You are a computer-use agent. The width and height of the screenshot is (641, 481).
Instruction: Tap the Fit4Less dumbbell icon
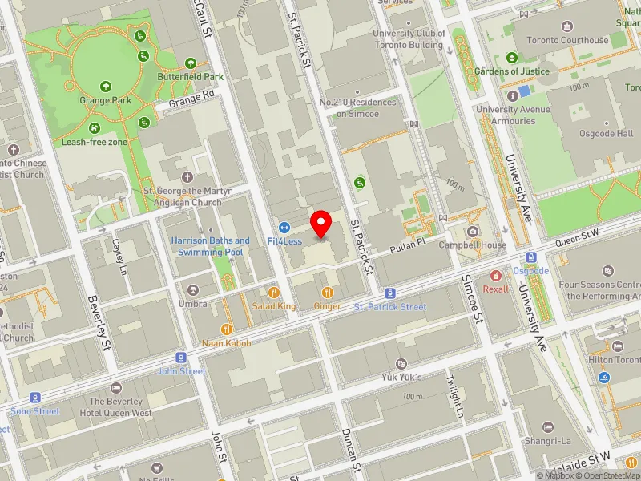pyautogui.click(x=284, y=228)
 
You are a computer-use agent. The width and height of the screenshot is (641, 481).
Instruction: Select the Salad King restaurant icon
pyautogui.click(x=274, y=293)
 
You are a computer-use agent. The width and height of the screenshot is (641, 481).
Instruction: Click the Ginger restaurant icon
pyautogui.click(x=327, y=293)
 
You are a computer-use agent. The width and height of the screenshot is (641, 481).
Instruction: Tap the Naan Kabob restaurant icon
pyautogui.click(x=227, y=329)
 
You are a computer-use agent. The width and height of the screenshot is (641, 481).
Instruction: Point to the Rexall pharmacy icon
pyautogui.click(x=495, y=275)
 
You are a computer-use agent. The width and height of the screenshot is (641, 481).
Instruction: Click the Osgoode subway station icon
pyautogui.click(x=531, y=257)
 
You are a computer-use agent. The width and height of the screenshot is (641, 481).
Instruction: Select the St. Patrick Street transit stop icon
pyautogui.click(x=390, y=293)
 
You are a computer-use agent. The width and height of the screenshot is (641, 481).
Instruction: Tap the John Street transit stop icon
pyautogui.click(x=182, y=358)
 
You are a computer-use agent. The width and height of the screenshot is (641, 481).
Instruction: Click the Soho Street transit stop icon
pyautogui.click(x=35, y=398)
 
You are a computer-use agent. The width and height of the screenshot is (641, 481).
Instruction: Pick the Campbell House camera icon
pyautogui.click(x=473, y=232)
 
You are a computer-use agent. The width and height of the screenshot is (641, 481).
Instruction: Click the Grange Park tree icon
pyautogui.click(x=105, y=87)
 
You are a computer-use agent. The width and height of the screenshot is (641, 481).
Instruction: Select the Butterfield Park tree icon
pyautogui.click(x=191, y=63)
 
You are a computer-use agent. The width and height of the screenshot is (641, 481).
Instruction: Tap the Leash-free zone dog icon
pyautogui.click(x=95, y=128)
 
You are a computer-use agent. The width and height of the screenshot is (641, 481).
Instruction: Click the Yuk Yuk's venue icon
pyautogui.click(x=401, y=363)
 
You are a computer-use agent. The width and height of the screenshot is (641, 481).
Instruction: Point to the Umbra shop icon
pyautogui.click(x=192, y=290)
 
